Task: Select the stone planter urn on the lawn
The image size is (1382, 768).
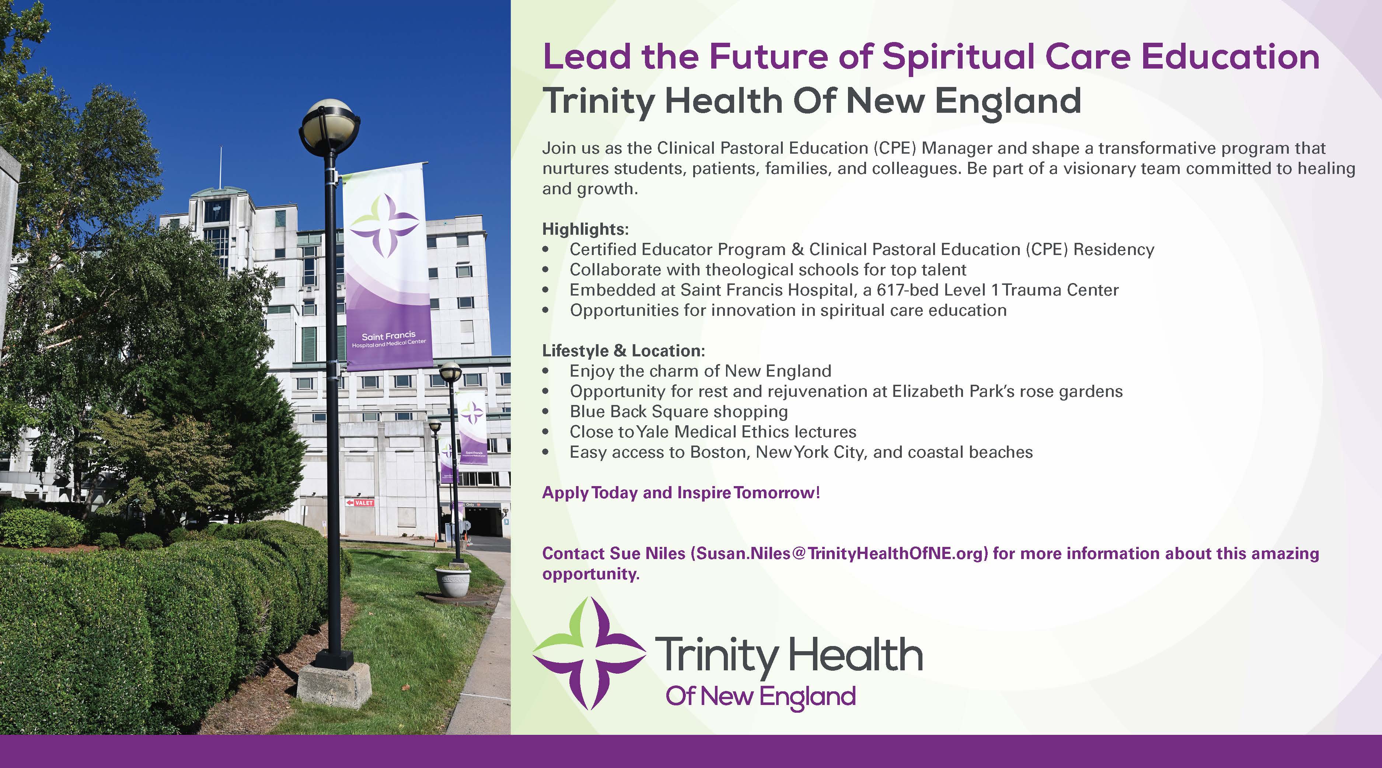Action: click(453, 582)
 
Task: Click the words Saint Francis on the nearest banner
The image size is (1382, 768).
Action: click(388, 336)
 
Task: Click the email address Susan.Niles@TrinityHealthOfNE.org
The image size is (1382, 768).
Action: click(839, 554)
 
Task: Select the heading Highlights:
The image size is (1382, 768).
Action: click(585, 229)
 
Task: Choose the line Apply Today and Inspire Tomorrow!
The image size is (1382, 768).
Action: click(681, 492)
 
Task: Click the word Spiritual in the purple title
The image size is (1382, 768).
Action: click(958, 57)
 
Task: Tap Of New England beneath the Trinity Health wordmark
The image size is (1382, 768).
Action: click(760, 697)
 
